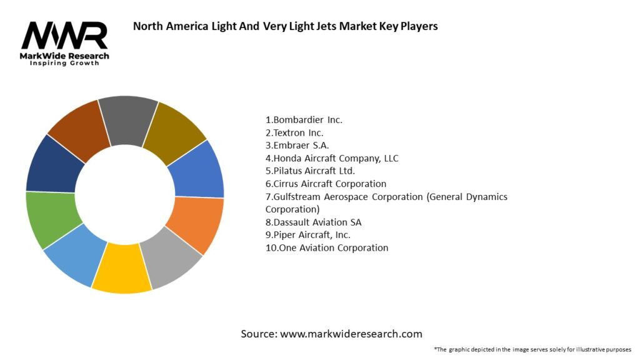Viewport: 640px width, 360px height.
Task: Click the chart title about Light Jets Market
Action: (286, 26)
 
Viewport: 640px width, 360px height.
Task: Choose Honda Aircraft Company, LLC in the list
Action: (332, 158)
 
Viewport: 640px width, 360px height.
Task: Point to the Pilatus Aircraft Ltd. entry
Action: (310, 171)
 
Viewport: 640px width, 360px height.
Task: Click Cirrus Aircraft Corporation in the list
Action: (326, 184)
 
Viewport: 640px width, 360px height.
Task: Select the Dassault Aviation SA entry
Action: (313, 222)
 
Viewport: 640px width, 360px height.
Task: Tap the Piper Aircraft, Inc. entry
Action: (307, 235)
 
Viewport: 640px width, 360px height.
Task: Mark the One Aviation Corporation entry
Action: (327, 247)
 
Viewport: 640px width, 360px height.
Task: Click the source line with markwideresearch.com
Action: (331, 334)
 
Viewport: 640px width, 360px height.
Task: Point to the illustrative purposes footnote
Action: (532, 349)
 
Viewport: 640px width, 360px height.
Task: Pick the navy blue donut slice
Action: (56, 164)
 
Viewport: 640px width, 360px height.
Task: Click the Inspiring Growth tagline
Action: (64, 63)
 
